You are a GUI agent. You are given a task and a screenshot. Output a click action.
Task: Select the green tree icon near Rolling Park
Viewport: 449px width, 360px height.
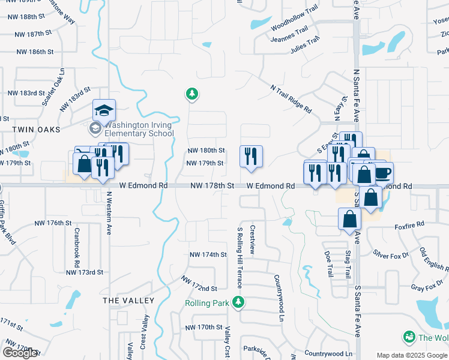[239, 301]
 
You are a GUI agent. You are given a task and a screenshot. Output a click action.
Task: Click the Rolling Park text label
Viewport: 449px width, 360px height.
[206, 303]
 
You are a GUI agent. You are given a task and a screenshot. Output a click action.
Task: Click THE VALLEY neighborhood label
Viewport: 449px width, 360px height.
[128, 300]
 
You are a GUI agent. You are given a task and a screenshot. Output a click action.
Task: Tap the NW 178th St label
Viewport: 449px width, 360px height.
[211, 187]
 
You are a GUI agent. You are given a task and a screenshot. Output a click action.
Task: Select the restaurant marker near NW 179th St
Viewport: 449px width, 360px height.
[251, 157]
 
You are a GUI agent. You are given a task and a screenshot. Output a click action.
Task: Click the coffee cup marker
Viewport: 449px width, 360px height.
[382, 173]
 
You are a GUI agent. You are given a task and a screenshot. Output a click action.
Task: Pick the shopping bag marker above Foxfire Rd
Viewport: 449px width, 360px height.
[349, 219]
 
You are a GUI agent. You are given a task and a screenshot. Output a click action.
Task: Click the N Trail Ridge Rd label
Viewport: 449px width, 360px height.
[291, 99]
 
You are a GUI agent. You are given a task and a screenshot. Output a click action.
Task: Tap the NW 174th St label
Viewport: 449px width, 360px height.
[207, 254]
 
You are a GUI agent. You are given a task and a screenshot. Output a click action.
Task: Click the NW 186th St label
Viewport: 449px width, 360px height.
[35, 52]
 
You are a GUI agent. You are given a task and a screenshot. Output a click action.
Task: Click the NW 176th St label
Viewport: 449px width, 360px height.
[53, 223]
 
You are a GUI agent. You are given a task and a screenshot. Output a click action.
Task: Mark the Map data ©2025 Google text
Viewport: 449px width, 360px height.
[412, 355]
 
